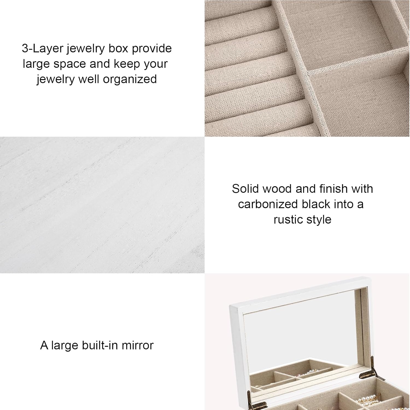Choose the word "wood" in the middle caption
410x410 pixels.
coord(274,189)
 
